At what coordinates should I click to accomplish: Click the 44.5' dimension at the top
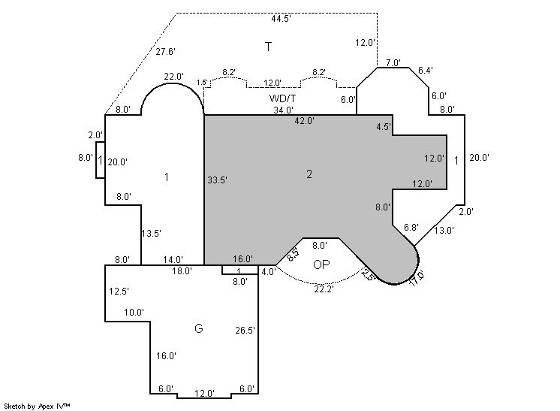[281, 19]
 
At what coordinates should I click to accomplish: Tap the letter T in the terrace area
[268, 47]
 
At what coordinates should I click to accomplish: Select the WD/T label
[282, 98]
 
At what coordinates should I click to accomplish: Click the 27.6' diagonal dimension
[165, 51]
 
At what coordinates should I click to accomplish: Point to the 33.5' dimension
[217, 180]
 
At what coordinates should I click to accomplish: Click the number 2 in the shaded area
[309, 174]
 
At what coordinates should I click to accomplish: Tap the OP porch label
[321, 264]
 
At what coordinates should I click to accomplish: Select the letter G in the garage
[199, 328]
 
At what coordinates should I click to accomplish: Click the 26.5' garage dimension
[245, 331]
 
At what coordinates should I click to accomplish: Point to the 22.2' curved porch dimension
[324, 289]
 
